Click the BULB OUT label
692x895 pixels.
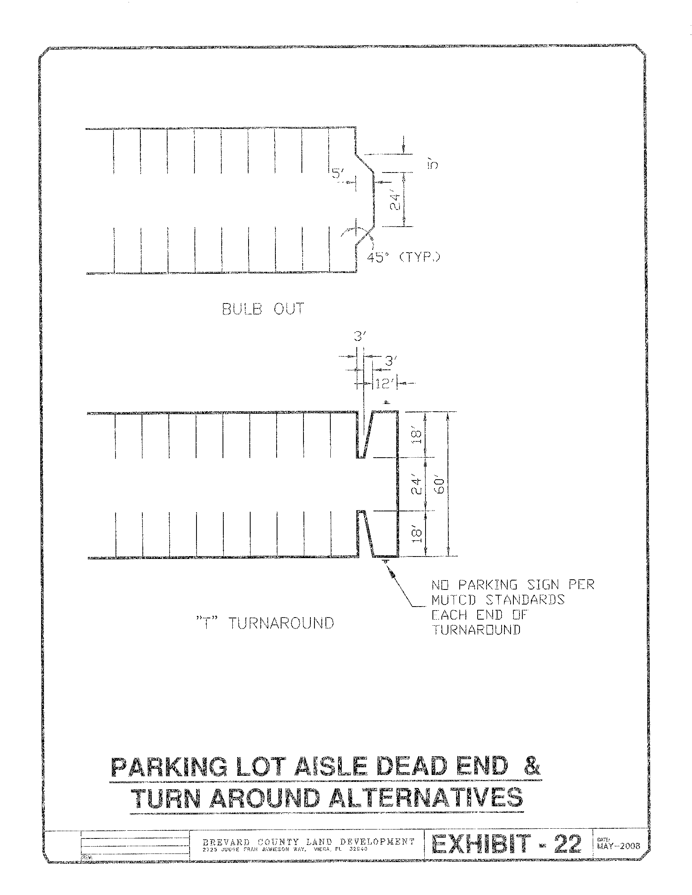pos(263,309)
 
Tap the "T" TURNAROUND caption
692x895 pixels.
pos(264,623)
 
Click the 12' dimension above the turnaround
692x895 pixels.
pos(384,384)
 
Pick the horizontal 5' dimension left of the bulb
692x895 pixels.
pos(338,174)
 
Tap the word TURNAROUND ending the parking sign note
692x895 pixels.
pos(476,630)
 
